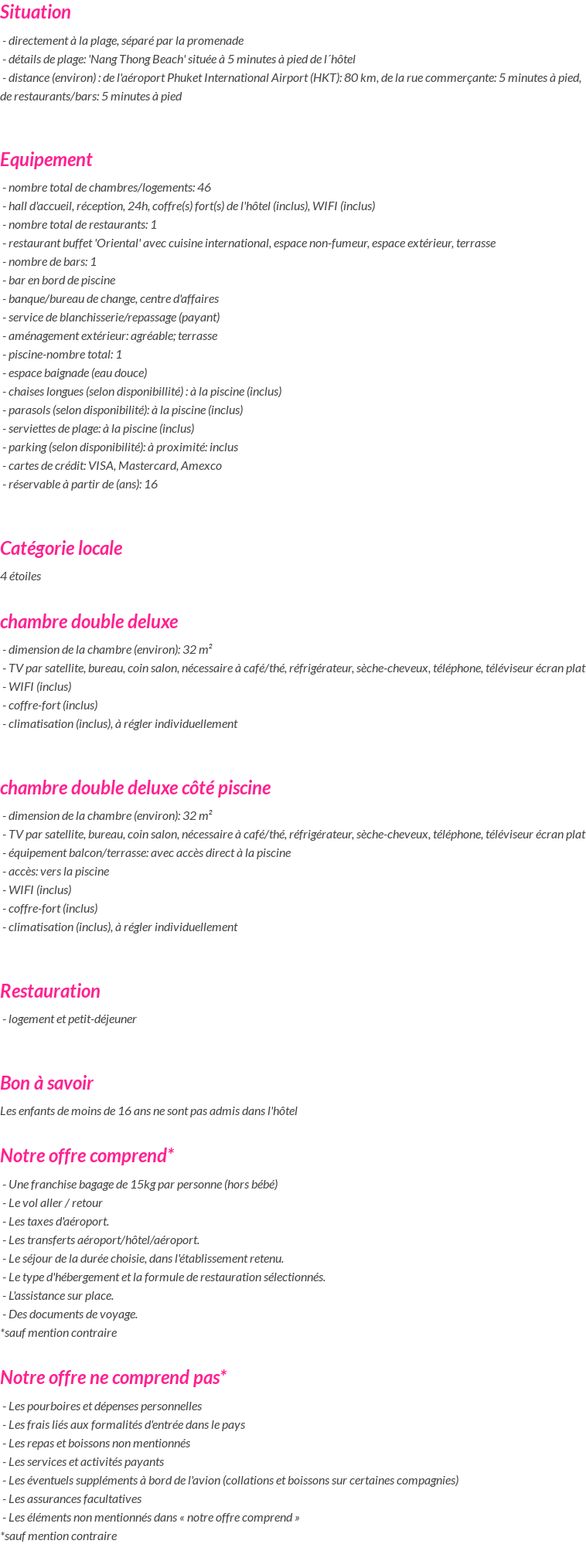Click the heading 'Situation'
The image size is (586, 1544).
36,12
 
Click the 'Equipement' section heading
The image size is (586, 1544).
46,160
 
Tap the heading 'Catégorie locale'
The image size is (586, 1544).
61,549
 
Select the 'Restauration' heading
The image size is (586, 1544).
50,991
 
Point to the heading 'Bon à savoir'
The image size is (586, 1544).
46,1083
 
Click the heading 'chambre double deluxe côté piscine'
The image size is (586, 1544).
135,788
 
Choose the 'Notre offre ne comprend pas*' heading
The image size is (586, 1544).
114,1378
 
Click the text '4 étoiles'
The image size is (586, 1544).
21,576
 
